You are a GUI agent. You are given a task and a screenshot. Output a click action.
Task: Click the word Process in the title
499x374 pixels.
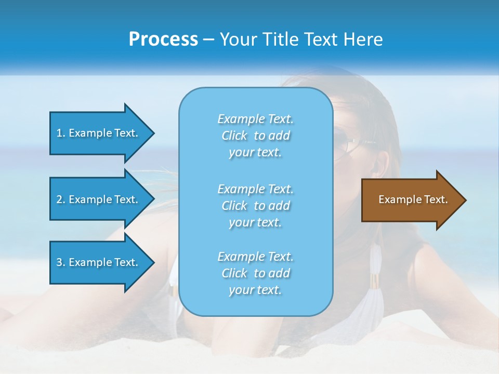[163, 39]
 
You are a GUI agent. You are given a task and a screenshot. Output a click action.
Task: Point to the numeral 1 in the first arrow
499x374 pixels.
[59, 133]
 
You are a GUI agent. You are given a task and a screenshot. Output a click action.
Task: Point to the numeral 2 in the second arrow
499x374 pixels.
[59, 199]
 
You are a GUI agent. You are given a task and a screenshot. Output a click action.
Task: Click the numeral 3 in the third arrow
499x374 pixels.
[59, 262]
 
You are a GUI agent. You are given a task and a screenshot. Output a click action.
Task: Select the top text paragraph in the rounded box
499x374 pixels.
[255, 136]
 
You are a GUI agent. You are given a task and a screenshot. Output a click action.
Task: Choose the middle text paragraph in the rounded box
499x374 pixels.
[255, 206]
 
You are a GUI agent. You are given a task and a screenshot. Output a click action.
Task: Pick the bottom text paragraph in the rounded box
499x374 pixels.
[255, 273]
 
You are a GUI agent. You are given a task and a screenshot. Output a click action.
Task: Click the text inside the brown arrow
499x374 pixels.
[413, 199]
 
